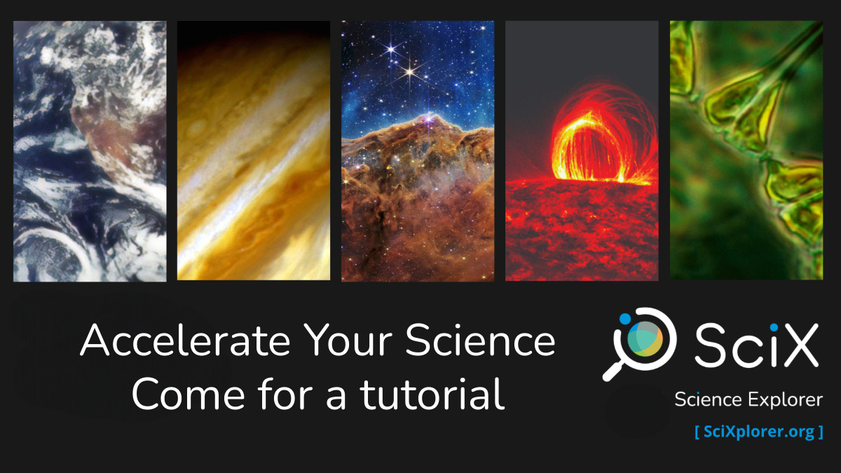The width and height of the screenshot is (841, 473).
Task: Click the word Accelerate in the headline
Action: (x=185, y=340)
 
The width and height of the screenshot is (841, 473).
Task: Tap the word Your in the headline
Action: (x=348, y=340)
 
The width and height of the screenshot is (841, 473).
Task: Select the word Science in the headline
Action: (x=480, y=340)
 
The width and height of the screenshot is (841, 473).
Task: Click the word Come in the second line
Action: (x=189, y=393)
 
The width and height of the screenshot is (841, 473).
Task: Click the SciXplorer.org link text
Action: (x=759, y=432)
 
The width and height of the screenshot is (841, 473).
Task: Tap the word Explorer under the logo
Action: (x=786, y=400)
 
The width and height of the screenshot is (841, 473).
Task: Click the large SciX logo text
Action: (x=756, y=345)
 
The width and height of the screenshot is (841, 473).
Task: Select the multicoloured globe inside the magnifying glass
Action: (x=645, y=338)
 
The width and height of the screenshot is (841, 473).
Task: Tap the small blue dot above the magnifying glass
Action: (x=624, y=319)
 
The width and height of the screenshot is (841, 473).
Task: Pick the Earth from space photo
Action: (x=90, y=151)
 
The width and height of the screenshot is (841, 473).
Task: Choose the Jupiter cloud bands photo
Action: (x=254, y=151)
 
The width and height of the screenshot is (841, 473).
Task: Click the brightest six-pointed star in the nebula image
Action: (x=410, y=71)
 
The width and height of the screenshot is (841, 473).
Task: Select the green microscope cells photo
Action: (x=746, y=150)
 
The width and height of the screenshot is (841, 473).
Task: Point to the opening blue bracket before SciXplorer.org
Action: (x=697, y=432)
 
